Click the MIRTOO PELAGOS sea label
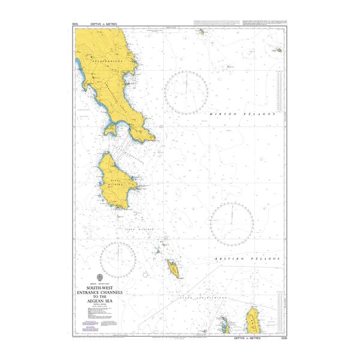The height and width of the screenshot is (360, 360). [242, 113]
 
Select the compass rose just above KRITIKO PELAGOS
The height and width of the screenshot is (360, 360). [232, 223]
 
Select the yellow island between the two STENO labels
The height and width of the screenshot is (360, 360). [173, 269]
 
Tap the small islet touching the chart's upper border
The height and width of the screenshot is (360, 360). [203, 31]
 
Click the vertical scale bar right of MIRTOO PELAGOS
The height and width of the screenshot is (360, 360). [279, 90]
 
